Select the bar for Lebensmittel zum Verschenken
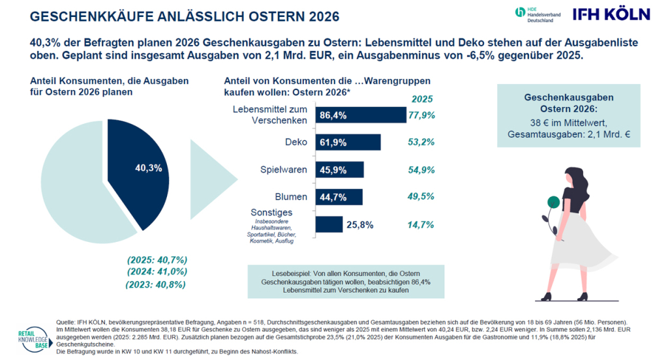[361, 115]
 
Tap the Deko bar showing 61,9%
[348, 142]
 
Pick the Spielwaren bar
[339, 170]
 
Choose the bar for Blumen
[339, 197]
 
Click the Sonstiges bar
[329, 224]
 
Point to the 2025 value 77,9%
[422, 115]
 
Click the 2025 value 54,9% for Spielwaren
[421, 170]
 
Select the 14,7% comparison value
[421, 224]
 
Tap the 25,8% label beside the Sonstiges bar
[360, 225]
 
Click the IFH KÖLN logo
[611, 14]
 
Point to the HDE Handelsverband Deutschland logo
[538, 14]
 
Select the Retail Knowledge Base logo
[34, 340]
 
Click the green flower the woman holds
[553, 202]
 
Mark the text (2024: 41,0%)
[157, 272]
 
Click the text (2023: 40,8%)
[156, 284]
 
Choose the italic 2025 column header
[422, 99]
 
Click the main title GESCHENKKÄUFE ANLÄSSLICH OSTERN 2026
[185, 16]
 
